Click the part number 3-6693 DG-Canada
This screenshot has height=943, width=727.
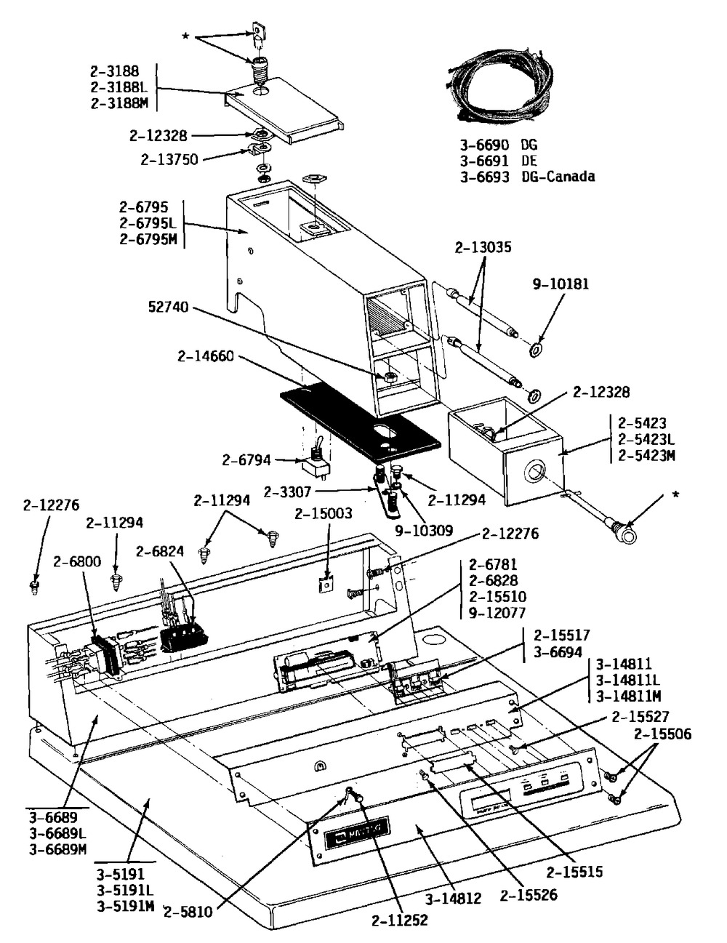[526, 177]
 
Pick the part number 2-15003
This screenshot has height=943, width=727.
[324, 514]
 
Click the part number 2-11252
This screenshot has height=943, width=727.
[400, 920]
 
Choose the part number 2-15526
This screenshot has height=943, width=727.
[529, 895]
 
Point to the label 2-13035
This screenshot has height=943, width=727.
[483, 248]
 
